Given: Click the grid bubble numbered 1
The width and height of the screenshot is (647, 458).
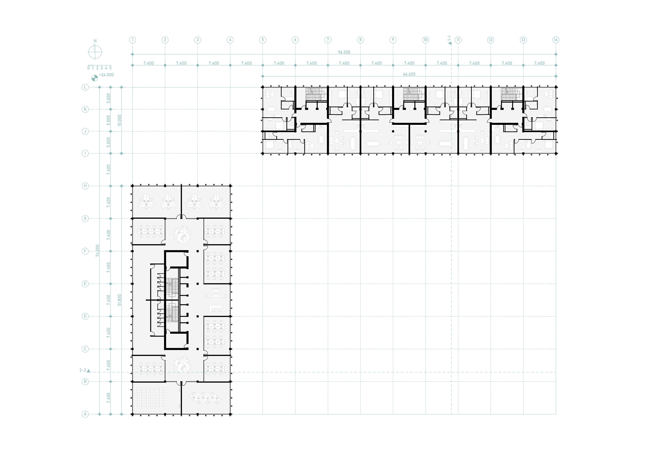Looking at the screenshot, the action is [x=133, y=40].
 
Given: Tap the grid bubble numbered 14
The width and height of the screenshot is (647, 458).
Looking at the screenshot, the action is [x=556, y=40].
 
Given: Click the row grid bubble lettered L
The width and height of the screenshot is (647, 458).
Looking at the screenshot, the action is [x=85, y=87].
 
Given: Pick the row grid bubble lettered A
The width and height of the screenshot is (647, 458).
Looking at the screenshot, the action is [x=85, y=414].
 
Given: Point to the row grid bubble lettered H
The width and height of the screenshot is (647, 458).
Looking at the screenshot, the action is [x=85, y=186].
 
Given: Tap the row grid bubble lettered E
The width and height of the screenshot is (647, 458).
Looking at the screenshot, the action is [x=85, y=284].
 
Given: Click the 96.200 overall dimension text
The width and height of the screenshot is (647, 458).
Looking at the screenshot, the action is [x=344, y=52].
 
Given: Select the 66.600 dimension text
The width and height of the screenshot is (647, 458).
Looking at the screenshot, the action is [x=409, y=74].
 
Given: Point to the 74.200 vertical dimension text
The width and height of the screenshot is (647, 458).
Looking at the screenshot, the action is [x=97, y=250].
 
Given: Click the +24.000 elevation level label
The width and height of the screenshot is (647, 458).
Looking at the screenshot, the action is [x=106, y=75].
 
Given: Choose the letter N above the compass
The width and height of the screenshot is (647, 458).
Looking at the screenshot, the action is [x=95, y=41].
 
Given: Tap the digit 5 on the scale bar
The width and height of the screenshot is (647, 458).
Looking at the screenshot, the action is [x=110, y=68].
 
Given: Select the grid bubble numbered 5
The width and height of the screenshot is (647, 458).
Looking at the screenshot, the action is [x=263, y=40].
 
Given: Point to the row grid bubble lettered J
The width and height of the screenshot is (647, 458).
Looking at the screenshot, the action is [x=85, y=131].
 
